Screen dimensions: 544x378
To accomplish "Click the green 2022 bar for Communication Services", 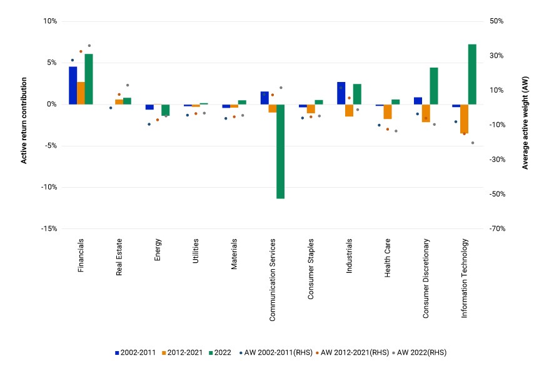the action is (x=280, y=151).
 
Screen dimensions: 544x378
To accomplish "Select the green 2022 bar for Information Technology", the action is (x=472, y=74).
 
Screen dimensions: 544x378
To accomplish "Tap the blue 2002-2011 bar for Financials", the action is (x=73, y=85).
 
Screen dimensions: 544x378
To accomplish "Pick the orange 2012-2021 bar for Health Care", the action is (x=388, y=112).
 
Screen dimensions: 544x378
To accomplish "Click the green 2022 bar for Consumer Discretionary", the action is (x=434, y=86).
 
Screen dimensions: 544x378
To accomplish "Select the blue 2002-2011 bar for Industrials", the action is (x=341, y=93).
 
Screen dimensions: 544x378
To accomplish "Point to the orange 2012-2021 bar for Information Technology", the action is (x=464, y=119).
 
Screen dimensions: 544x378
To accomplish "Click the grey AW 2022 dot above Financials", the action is (x=89, y=46).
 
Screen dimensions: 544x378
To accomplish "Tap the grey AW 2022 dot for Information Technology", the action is (x=473, y=143).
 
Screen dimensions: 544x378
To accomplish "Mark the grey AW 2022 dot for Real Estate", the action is (x=128, y=85).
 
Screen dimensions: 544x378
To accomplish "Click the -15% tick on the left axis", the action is (x=49, y=229).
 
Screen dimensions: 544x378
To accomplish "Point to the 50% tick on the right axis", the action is (x=496, y=21).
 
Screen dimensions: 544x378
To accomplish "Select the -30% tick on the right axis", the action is (x=497, y=160).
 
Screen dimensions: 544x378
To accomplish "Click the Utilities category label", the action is (x=196, y=251).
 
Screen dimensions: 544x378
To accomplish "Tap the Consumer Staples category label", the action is (x=311, y=269).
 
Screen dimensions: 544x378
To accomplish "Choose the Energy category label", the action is (x=158, y=250).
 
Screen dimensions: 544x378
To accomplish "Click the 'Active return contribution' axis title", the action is (x=24, y=120).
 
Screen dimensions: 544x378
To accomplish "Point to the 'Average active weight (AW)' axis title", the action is (x=525, y=123).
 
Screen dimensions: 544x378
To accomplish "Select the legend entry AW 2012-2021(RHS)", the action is (x=353, y=353).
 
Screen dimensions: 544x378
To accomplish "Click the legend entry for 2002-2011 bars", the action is (x=135, y=353).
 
